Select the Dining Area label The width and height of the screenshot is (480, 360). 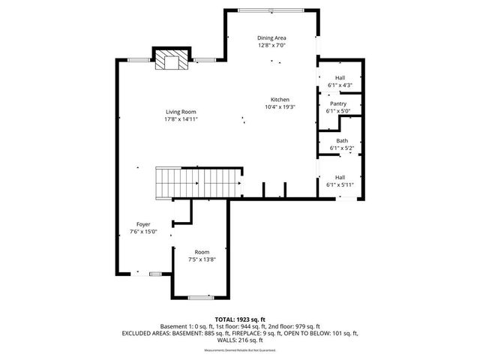pyautogui.click(x=272, y=37)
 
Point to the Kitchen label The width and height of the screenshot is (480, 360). pyautogui.click(x=280, y=99)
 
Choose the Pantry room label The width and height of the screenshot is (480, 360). pyautogui.click(x=338, y=103)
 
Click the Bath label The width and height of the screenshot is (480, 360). pyautogui.click(x=342, y=140)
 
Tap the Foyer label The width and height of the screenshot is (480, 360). pyautogui.click(x=143, y=224)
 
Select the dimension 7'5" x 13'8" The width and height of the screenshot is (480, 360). pyautogui.click(x=202, y=259)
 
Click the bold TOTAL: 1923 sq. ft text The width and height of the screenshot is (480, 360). pyautogui.click(x=240, y=319)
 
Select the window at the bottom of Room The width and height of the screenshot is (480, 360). pyautogui.click(x=201, y=298)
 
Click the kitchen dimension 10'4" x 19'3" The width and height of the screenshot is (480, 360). pyautogui.click(x=280, y=106)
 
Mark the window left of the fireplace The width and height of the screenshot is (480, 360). pyautogui.click(x=137, y=59)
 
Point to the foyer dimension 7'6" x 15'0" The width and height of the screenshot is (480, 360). pyautogui.click(x=143, y=232)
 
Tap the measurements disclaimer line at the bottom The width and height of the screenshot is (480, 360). pyautogui.click(x=240, y=350)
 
